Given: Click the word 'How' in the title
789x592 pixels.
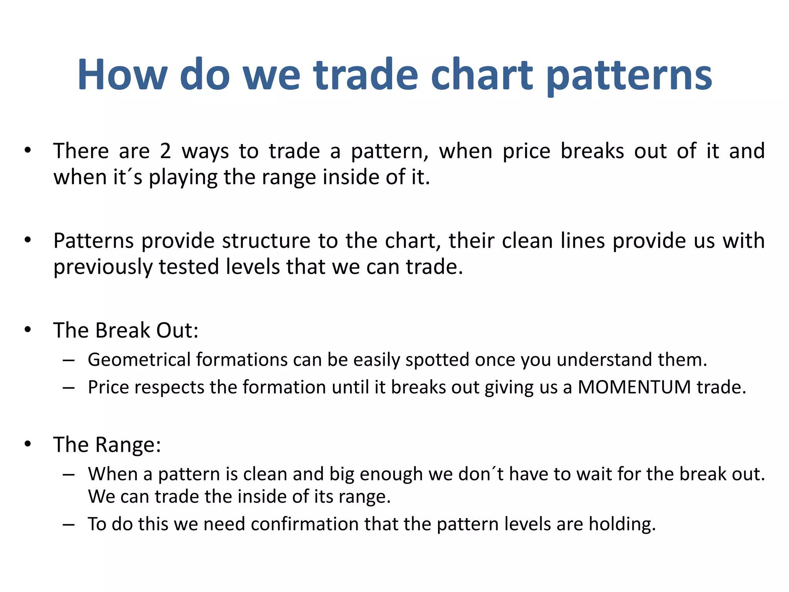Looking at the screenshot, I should (x=123, y=75).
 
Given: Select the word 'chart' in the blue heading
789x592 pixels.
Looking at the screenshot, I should (x=482, y=75).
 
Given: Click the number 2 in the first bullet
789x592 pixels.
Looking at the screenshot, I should (x=165, y=151).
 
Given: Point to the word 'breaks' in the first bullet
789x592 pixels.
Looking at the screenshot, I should (x=592, y=151).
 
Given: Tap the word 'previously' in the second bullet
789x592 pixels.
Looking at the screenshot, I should (x=103, y=267).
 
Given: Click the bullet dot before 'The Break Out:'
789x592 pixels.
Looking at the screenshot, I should (x=27, y=330).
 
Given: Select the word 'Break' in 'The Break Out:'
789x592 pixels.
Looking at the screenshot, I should (x=122, y=331).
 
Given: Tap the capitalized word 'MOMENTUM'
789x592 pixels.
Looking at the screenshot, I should (x=634, y=387).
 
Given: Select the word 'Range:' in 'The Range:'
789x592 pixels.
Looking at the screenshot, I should (x=128, y=445).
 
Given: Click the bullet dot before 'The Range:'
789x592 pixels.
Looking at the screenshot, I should (x=27, y=444).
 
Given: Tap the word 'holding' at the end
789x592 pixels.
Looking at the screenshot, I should (x=621, y=524).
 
